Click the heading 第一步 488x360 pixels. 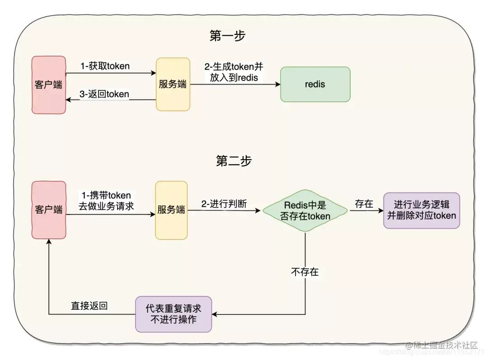227,36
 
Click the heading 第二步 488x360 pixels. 234,161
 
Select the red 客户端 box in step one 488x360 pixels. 48,85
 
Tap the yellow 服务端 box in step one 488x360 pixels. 173,84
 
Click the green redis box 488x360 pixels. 315,84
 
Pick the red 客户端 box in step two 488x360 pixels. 48,210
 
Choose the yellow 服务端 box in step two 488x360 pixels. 171,210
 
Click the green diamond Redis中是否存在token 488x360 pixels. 305,211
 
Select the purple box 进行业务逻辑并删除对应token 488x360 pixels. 421,210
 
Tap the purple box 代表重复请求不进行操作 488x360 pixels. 174,314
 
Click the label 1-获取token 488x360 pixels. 105,66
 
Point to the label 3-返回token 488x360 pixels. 104,94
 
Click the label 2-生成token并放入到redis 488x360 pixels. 234,72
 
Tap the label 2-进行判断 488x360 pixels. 224,204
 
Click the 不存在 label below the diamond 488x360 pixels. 305,272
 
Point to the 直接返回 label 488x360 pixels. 89,306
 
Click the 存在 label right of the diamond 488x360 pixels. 364,204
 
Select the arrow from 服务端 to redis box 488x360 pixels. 235,85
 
